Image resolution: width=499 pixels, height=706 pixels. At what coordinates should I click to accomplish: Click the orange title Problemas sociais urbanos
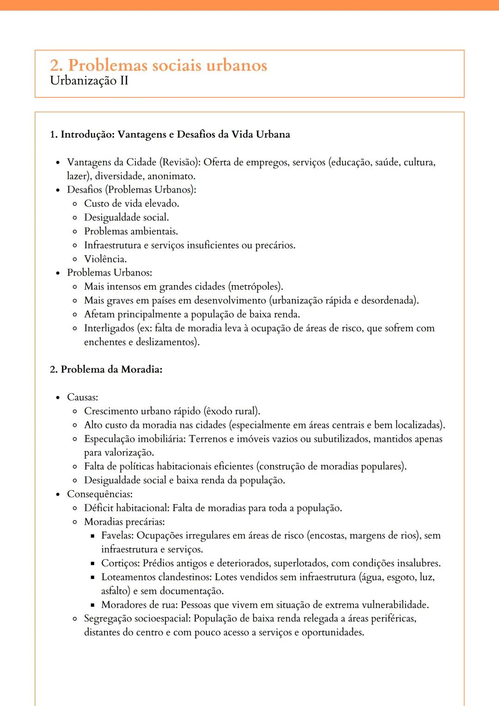[158, 65]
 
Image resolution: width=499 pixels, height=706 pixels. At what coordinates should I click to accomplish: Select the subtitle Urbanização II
[89, 81]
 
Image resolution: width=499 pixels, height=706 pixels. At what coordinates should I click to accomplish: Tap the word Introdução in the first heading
[87, 134]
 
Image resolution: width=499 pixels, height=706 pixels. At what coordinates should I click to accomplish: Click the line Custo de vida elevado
[131, 203]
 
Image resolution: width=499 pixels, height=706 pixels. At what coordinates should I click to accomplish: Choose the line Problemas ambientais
[131, 231]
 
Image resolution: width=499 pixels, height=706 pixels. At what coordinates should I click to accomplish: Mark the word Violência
[105, 259]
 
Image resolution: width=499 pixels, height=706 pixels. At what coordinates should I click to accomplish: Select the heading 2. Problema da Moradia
[106, 369]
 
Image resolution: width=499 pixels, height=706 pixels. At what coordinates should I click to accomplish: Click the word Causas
[82, 397]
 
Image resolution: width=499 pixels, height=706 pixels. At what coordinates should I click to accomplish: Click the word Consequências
[99, 494]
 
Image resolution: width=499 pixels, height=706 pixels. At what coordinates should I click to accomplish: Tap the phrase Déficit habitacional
[127, 508]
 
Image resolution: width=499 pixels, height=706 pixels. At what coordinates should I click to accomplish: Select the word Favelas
[117, 536]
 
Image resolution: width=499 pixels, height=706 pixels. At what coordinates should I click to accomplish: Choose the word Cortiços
[120, 563]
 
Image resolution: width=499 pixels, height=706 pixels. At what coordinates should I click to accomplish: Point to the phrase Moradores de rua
[139, 605]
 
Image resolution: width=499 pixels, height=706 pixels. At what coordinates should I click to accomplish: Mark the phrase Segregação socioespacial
[137, 619]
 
